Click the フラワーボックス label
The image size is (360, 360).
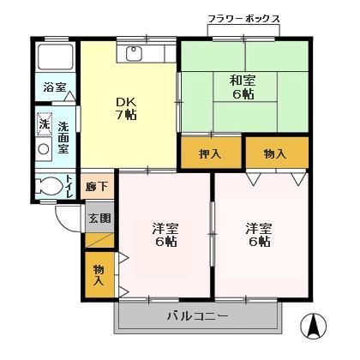[x=243, y=18]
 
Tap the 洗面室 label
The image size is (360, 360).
[x=63, y=138]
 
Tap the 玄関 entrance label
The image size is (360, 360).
[x=98, y=218]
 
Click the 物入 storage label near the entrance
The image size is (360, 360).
[x=99, y=273]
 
